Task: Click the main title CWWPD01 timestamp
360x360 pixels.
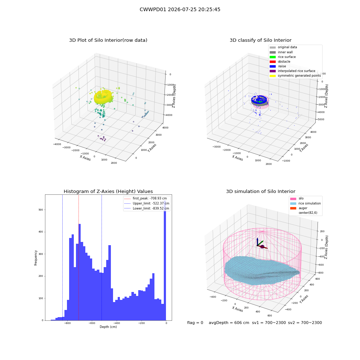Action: (180, 9)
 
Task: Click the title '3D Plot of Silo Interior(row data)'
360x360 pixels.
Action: (108, 40)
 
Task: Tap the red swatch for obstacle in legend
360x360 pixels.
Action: (273, 62)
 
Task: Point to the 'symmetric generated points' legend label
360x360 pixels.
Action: (299, 76)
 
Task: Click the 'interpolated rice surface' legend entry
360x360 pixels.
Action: (292, 71)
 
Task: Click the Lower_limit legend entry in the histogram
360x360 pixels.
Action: (147, 208)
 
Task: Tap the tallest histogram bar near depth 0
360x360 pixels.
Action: (165, 260)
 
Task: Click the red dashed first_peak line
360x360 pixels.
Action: (78, 257)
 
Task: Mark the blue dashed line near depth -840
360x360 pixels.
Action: (62, 257)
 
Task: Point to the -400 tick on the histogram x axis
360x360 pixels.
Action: (117, 323)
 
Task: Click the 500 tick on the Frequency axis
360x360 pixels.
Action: (41, 210)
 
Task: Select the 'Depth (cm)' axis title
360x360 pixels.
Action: (108, 327)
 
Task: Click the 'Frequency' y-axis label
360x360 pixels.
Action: (36, 258)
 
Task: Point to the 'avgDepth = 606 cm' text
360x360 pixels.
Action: (229, 323)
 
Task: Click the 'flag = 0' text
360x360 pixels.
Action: (195, 323)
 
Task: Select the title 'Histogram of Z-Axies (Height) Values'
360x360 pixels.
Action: (108, 192)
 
